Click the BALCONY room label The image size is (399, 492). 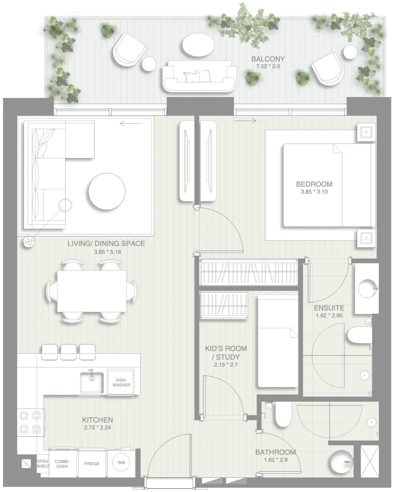[x=268, y=59]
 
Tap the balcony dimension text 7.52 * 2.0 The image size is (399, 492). [x=268, y=67]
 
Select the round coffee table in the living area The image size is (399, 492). [x=107, y=191]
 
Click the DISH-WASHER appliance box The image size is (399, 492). [x=121, y=382]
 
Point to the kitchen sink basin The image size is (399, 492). [x=92, y=382]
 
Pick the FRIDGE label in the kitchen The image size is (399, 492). [x=92, y=464]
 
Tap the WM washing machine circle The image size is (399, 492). [x=121, y=462]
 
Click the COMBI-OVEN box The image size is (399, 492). [x=62, y=464]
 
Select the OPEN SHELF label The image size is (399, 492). [x=43, y=464]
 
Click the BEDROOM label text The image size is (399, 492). [x=314, y=184]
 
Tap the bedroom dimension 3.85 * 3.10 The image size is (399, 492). [x=314, y=192]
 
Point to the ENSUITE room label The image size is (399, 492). [x=329, y=308]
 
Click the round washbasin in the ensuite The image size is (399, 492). [x=367, y=288]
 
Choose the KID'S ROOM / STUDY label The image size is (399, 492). [x=226, y=353]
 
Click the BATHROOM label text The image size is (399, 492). [x=275, y=452]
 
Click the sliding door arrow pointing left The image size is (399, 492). [x=131, y=124]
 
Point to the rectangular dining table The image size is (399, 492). [x=92, y=291]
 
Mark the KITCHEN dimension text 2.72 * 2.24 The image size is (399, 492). [x=97, y=428]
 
